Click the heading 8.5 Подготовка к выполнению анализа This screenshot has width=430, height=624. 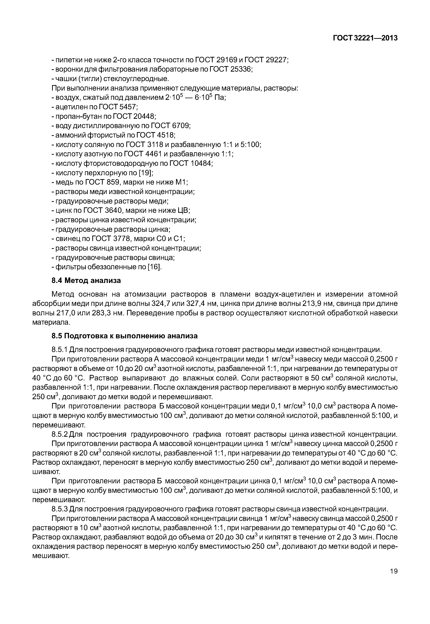tap(125, 336)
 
